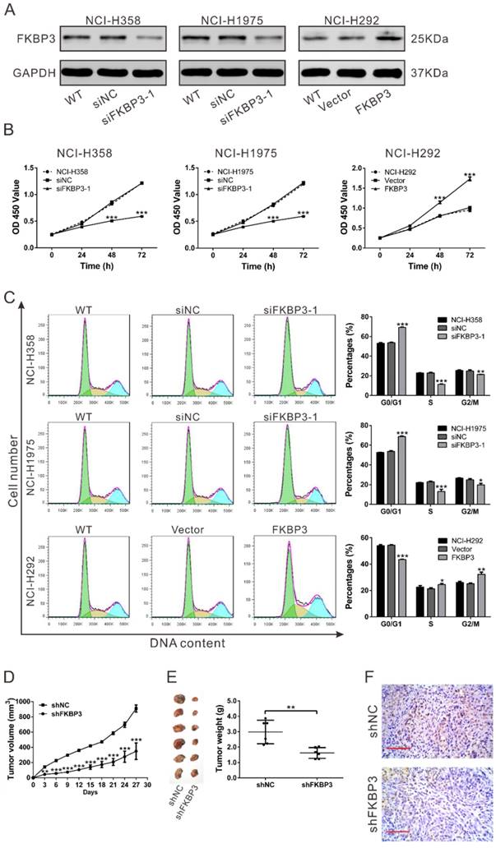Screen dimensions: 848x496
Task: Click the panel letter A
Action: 11,11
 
